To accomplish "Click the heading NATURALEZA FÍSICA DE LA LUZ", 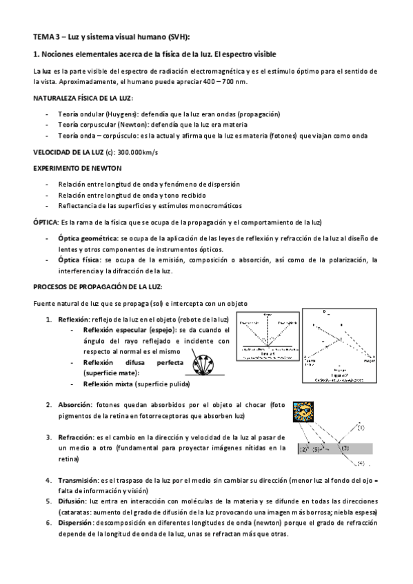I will click(x=83, y=98).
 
